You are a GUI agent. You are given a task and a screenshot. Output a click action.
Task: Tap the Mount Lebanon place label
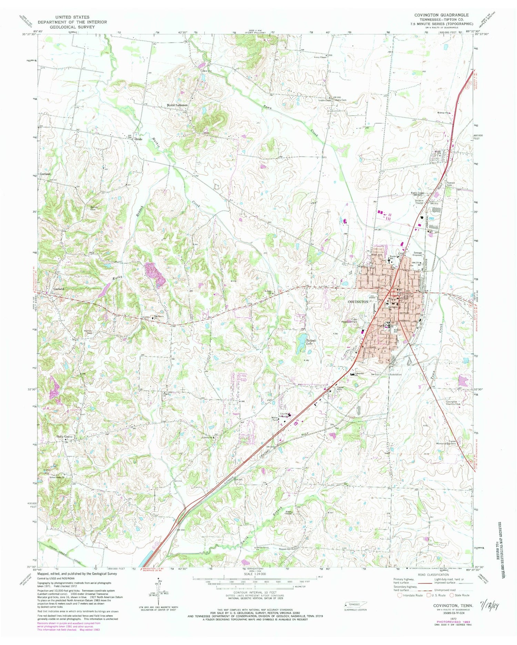(x=177, y=105)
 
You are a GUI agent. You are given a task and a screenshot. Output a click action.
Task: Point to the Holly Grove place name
(x=64, y=437)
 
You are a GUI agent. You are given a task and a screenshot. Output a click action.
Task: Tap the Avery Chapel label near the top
(x=320, y=57)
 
